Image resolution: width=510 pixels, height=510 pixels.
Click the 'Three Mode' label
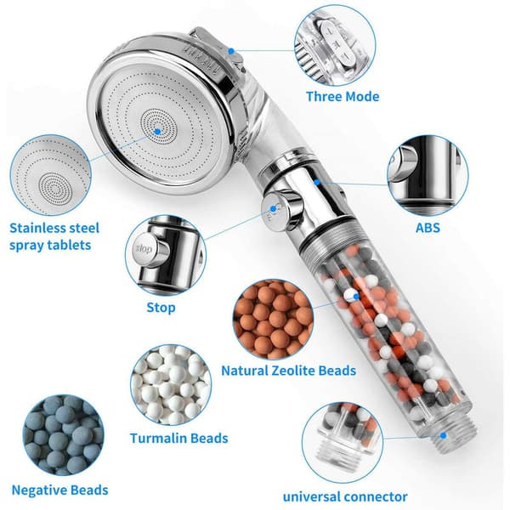[x=343, y=97]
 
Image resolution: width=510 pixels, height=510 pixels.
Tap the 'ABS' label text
[x=428, y=228]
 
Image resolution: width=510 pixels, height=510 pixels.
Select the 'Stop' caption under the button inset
[x=161, y=308]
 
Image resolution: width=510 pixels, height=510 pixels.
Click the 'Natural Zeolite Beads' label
[x=288, y=371]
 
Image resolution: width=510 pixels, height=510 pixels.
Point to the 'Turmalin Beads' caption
[x=178, y=438]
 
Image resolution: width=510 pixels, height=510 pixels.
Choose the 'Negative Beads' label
[x=59, y=490]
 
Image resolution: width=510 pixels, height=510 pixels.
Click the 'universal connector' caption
[x=345, y=496]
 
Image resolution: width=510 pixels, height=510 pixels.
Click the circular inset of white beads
[x=171, y=385]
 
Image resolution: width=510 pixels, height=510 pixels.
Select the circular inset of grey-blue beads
[x=64, y=435]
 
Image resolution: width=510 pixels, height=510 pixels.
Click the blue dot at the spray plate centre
[x=157, y=132]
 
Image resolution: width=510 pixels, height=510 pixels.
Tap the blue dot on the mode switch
[x=231, y=51]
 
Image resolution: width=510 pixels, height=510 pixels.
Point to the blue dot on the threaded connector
[x=443, y=435]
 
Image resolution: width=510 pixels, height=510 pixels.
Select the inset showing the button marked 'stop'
[x=166, y=256]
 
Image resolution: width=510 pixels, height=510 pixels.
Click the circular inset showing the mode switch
[x=335, y=45]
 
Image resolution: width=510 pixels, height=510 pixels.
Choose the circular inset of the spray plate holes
[x=51, y=175]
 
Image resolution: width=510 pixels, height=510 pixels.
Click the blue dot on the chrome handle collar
[x=317, y=183]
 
